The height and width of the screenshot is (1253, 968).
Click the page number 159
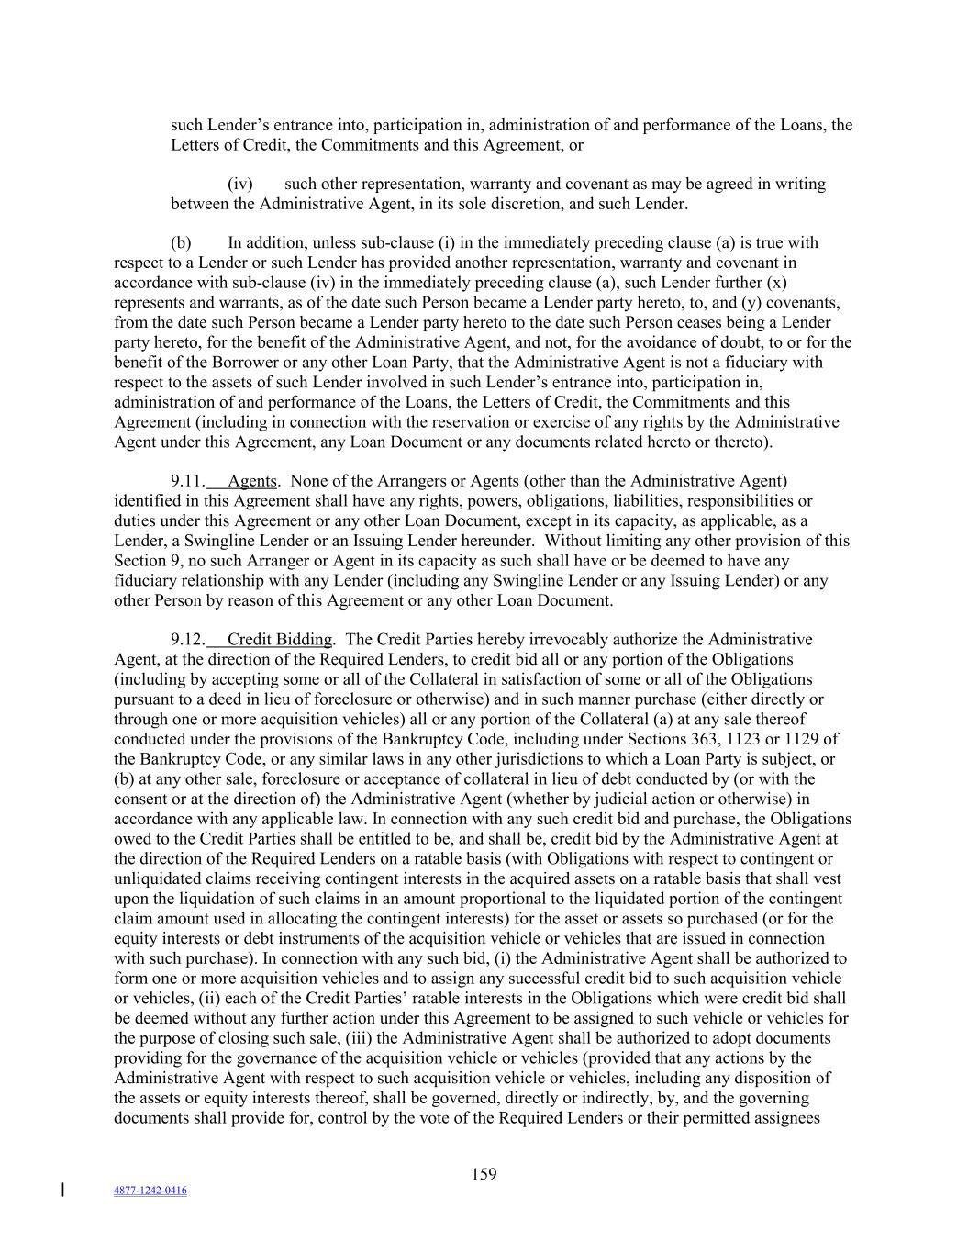click(484, 1173)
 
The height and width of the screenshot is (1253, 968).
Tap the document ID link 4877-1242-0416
click(150, 1191)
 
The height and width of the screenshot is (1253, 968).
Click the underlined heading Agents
click(252, 481)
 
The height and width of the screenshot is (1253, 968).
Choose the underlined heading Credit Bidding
click(280, 640)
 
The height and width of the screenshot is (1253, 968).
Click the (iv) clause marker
click(240, 184)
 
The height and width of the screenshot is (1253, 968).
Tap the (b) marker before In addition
click(181, 243)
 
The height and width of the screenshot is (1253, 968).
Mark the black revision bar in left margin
click(61, 1191)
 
